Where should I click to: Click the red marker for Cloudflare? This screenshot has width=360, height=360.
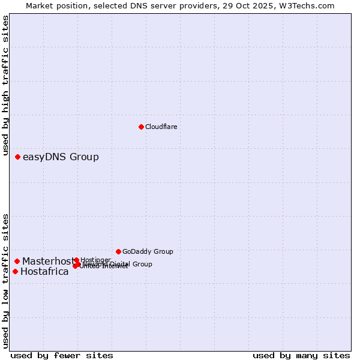point(141,127)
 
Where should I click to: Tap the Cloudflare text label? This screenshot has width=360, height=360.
point(161,127)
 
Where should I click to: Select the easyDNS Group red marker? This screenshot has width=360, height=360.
point(17,157)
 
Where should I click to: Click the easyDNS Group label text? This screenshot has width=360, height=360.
point(61,157)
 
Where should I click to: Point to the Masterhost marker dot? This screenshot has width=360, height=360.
point(17,261)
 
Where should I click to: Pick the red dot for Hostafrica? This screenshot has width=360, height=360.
point(15,271)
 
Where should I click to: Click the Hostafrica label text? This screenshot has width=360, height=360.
point(44,271)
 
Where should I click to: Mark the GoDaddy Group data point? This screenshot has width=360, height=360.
point(118,251)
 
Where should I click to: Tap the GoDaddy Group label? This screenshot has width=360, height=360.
point(148,251)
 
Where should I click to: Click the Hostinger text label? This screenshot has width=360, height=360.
point(95,260)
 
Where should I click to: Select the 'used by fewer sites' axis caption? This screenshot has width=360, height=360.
point(62,355)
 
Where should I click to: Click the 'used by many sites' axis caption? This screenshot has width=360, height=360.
point(301,355)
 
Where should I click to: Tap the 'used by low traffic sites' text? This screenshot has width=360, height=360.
point(6,280)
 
